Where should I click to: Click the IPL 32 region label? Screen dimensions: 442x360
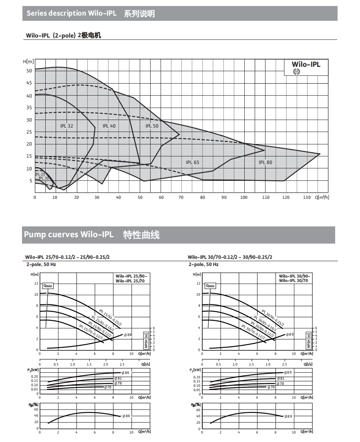pos(66,126)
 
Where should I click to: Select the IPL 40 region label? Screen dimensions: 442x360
pos(109,126)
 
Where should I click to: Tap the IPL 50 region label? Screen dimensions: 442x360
pos(152,126)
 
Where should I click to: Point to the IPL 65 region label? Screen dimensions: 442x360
pos(192,162)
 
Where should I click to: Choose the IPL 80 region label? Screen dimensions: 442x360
pos(265,162)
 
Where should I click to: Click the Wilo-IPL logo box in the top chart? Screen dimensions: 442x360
pos(306,67)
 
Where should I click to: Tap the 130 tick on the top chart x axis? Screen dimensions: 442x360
pos(307,197)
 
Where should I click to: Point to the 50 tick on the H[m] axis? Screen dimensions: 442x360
pos(29,71)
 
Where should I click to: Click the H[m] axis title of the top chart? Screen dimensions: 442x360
pos(28,62)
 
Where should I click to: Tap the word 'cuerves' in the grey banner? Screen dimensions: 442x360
pos(64,234)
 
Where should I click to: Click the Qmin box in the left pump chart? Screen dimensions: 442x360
pos(48,286)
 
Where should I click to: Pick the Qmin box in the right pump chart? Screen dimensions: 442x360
pos(210,286)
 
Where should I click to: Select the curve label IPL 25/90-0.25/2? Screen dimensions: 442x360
pos(110,317)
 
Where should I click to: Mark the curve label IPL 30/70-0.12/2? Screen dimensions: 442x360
pos(253,332)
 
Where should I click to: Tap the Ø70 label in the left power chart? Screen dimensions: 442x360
pos(108,387)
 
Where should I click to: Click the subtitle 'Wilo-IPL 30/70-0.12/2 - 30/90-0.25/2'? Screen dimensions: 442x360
pos(229,257)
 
